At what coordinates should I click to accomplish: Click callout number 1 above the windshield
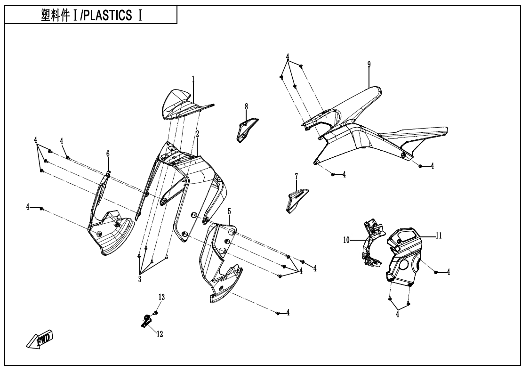193,78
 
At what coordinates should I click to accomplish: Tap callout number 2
198,134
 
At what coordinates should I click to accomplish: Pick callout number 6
108,154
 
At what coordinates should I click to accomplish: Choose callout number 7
297,176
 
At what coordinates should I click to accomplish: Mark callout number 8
246,107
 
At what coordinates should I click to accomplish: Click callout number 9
369,64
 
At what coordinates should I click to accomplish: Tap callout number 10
346,240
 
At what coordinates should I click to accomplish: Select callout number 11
438,236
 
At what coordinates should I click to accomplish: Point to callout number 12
160,334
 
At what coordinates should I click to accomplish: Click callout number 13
161,297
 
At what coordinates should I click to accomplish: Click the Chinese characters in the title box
56,15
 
